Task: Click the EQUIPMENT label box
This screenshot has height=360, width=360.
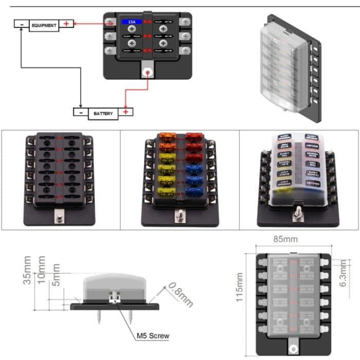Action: pyautogui.click(x=44, y=25)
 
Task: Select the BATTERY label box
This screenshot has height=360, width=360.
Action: pyautogui.click(x=103, y=113)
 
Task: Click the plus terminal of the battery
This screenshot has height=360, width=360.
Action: pyautogui.click(x=126, y=112)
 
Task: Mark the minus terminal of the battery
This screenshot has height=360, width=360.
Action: pyautogui.click(x=81, y=112)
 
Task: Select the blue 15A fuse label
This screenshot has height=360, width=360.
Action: pyautogui.click(x=129, y=23)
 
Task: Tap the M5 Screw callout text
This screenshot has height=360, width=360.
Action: pyautogui.click(x=153, y=336)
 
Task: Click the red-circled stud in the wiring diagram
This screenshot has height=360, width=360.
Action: pyautogui.click(x=148, y=73)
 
